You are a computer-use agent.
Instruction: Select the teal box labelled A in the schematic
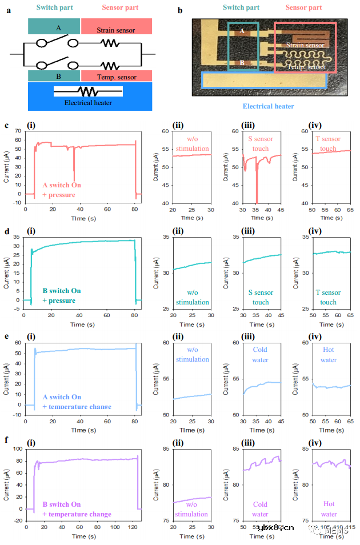point(54,26)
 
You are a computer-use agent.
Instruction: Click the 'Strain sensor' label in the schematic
point(116,30)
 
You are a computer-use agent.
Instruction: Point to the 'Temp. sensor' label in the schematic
point(116,75)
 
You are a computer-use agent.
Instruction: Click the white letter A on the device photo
point(242,32)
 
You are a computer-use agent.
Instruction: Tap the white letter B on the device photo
point(242,63)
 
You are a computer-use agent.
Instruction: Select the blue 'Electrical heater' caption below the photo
point(268,106)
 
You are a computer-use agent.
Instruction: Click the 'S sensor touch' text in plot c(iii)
point(261,143)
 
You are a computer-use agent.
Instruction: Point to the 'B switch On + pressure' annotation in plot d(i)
point(62,295)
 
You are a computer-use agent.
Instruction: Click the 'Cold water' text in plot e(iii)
point(261,355)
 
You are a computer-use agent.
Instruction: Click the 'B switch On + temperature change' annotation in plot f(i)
point(78,510)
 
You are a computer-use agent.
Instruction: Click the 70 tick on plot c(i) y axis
point(18,130)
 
